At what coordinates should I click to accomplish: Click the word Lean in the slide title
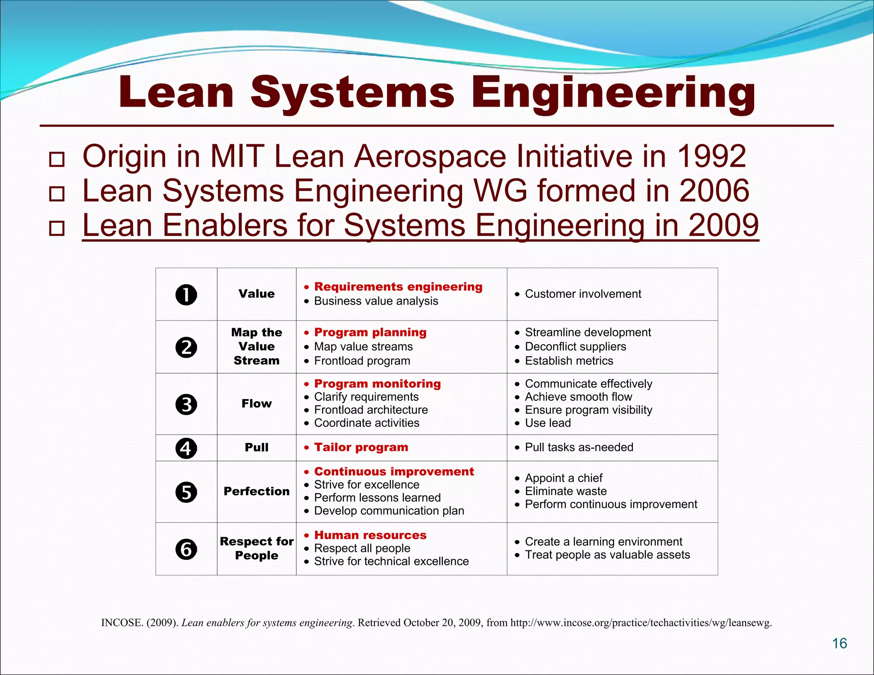click(176, 93)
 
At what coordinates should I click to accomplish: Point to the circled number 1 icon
click(186, 295)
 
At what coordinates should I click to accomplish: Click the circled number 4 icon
click(186, 448)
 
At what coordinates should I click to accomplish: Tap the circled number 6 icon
click(186, 549)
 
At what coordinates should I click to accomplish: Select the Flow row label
click(256, 404)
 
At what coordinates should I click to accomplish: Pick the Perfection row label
click(256, 492)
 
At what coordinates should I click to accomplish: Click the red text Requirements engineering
click(398, 287)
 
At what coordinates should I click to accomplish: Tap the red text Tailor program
click(361, 447)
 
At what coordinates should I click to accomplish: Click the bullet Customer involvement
click(583, 294)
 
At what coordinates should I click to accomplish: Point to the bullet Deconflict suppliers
click(575, 346)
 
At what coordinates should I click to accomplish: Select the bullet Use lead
click(548, 423)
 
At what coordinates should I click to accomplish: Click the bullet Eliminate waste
click(565, 491)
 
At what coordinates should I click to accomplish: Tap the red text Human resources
click(370, 535)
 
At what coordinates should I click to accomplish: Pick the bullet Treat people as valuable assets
click(607, 555)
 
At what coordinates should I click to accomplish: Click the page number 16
click(839, 643)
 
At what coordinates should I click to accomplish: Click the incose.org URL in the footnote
click(641, 623)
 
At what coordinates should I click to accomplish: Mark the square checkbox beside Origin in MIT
click(57, 160)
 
